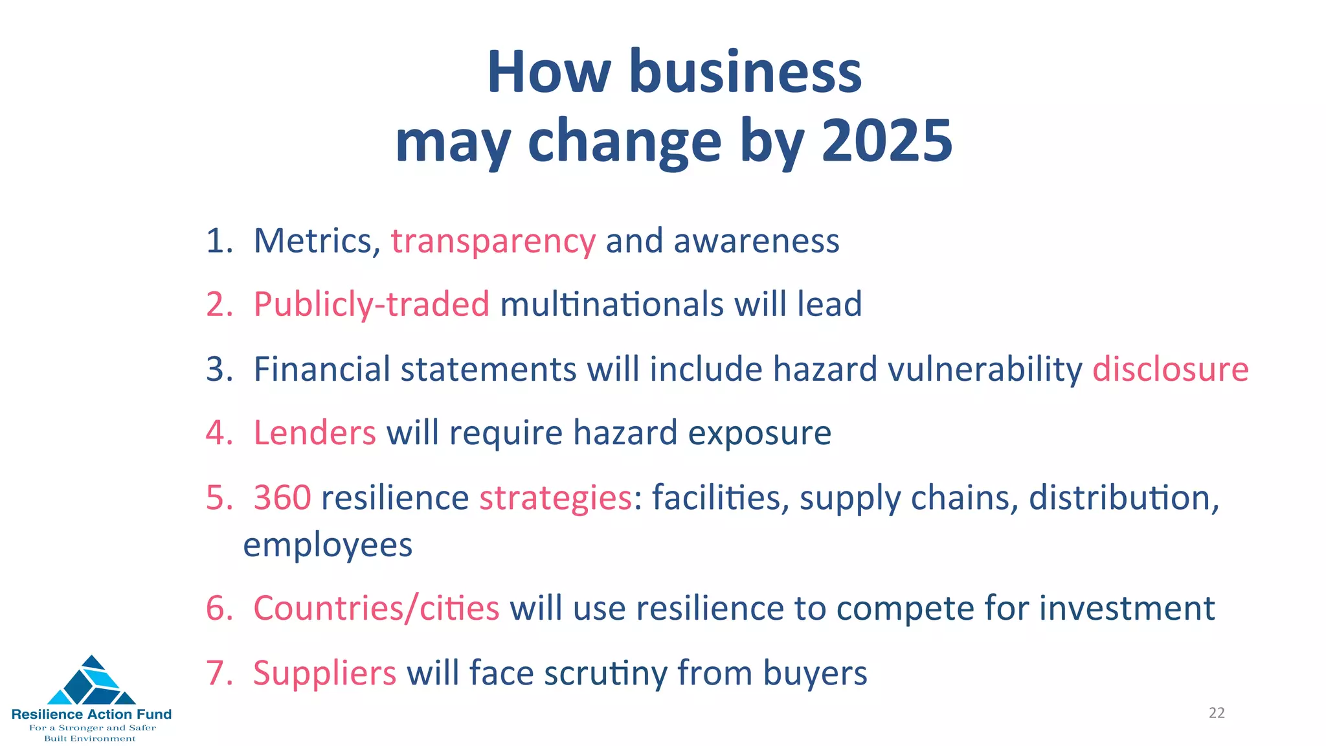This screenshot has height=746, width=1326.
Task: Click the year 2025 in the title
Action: (887, 141)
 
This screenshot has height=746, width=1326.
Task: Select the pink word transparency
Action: (493, 242)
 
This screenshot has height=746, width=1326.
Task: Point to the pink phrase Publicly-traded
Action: (371, 304)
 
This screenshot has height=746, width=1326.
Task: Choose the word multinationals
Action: (611, 304)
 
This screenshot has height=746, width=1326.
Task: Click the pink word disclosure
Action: (1170, 369)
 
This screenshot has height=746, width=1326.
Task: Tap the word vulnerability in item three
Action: (984, 369)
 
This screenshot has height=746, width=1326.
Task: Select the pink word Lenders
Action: (315, 433)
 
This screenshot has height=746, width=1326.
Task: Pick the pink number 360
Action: (282, 498)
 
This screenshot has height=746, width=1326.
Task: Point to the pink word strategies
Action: (556, 499)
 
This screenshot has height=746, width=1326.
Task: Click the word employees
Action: (328, 545)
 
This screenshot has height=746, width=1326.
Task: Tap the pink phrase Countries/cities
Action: (376, 608)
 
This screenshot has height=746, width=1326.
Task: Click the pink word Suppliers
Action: (324, 673)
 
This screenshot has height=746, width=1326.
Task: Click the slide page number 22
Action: (1217, 713)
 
